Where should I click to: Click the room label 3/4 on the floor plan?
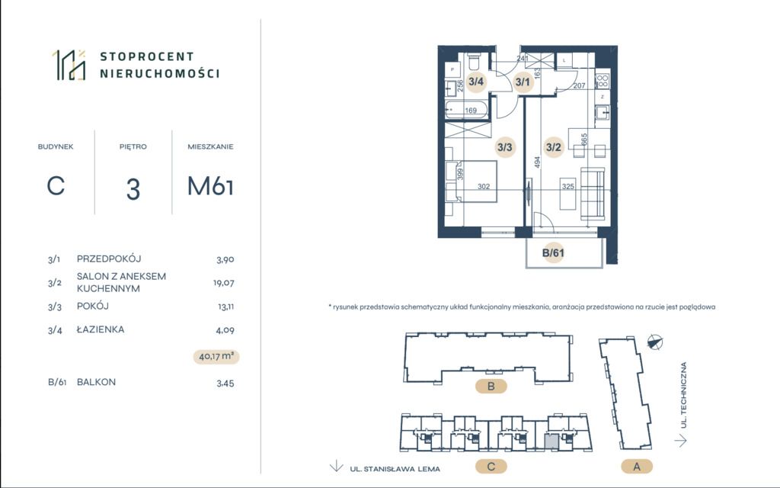point(476,82)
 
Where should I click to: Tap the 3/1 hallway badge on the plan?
point(523,82)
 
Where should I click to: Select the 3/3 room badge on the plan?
point(504,147)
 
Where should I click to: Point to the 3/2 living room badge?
point(553,147)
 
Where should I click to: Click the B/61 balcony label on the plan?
point(553,253)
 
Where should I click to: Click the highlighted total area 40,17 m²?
point(216,357)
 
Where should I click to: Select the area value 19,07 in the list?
point(224,283)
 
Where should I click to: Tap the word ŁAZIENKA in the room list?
point(101,329)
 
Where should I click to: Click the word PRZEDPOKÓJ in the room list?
point(109,259)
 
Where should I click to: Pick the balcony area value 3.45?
point(225,384)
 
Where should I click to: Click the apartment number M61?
point(210,186)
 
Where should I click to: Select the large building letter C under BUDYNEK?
point(56,186)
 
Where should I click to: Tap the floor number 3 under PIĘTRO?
point(133,189)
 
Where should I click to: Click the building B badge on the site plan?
point(491,386)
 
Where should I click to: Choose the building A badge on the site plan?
point(637,467)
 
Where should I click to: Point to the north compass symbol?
point(655,342)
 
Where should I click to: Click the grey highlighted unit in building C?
point(551,441)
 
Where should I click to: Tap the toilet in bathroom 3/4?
point(474,62)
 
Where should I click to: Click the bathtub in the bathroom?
point(466,110)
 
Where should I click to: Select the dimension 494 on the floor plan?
point(537,162)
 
